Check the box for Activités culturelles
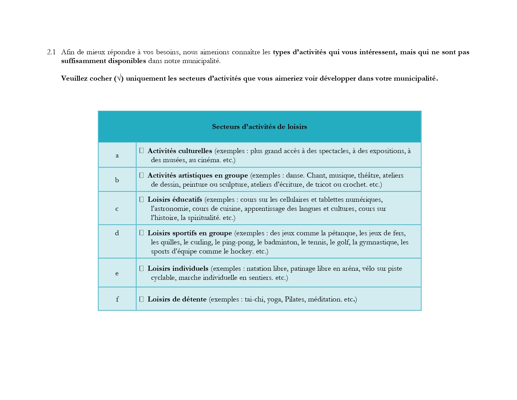[142, 151]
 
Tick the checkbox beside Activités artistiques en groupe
[142, 175]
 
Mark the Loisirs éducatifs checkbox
[142, 199]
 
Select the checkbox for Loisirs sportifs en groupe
[142, 233]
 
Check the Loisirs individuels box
[142, 268]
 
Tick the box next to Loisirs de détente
[142, 299]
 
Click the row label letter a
[117, 155]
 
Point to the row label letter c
[117, 209]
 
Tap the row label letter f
[117, 299]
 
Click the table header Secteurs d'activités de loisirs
[259, 127]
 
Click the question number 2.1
[51, 52]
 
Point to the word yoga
[274, 300]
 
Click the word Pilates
[295, 299]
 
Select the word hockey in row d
[242, 251]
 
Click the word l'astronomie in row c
[170, 209]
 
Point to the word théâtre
[368, 175]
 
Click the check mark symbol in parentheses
[119, 78]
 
